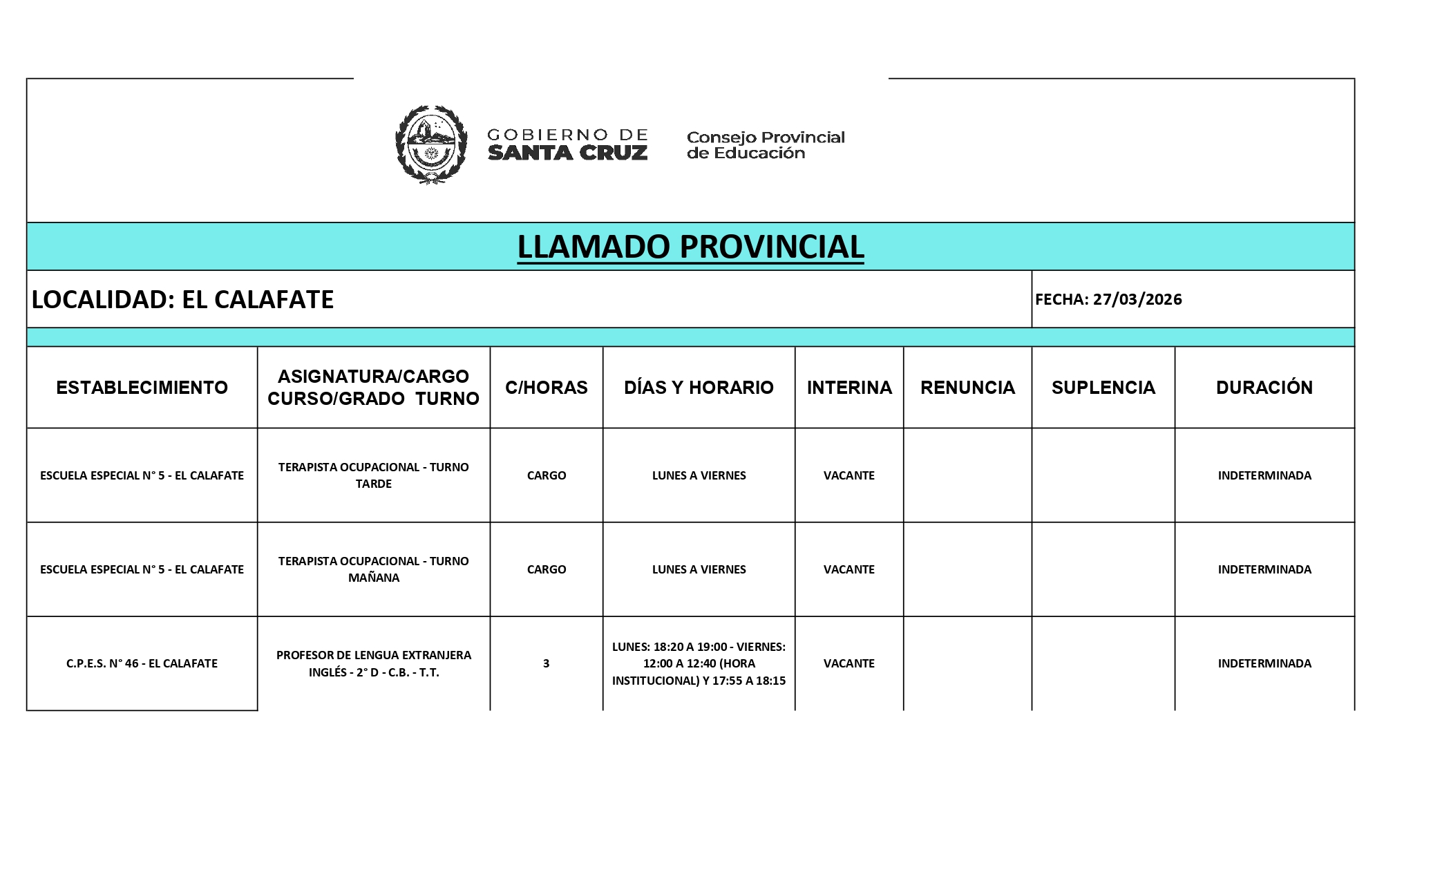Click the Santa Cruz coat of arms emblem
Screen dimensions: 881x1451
click(430, 144)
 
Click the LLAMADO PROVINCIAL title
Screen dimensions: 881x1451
click(690, 247)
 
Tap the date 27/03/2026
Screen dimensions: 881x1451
click(1137, 299)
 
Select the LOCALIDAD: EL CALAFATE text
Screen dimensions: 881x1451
click(183, 299)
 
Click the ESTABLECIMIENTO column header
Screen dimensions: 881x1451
click(142, 388)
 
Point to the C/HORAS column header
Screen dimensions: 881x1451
click(546, 388)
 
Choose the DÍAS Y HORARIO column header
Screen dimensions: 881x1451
click(699, 388)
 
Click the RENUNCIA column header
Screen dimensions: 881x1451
click(967, 388)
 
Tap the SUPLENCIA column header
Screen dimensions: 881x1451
click(1103, 388)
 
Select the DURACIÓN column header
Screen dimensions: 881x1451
click(1264, 388)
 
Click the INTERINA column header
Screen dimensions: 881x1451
click(849, 388)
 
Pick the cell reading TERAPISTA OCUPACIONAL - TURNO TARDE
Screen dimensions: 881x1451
click(373, 475)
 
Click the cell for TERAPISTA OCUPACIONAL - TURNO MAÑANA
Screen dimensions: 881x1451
click(373, 569)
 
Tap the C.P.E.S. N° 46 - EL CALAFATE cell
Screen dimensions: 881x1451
click(142, 663)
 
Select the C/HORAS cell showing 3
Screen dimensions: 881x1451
click(546, 663)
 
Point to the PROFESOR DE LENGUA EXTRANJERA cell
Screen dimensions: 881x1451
click(373, 663)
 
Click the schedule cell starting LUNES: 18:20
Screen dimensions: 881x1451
click(699, 663)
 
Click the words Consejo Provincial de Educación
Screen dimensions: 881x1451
click(766, 145)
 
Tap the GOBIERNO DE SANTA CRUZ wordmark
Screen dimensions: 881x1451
click(567, 144)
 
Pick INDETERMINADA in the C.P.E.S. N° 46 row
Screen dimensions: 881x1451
click(1264, 663)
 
